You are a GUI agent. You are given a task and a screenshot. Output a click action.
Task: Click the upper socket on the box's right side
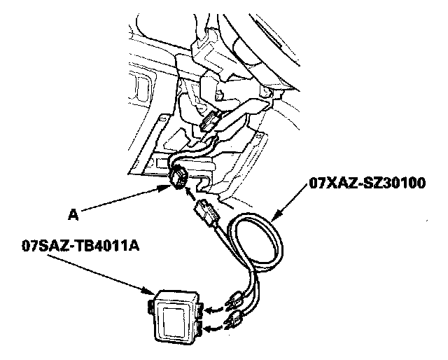(199, 311)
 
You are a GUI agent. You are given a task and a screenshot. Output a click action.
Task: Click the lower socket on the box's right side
(199, 327)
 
